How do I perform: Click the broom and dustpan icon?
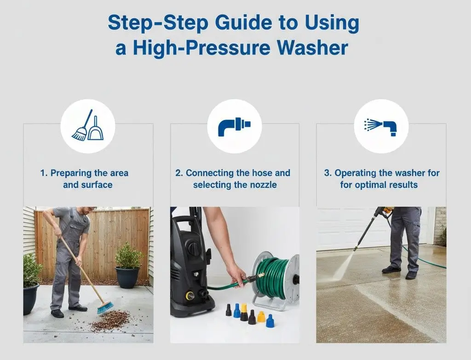87,125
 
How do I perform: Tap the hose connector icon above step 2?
235,125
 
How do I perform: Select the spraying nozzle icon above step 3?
380,125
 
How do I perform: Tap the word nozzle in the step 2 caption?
266,185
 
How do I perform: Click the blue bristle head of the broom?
105,307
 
